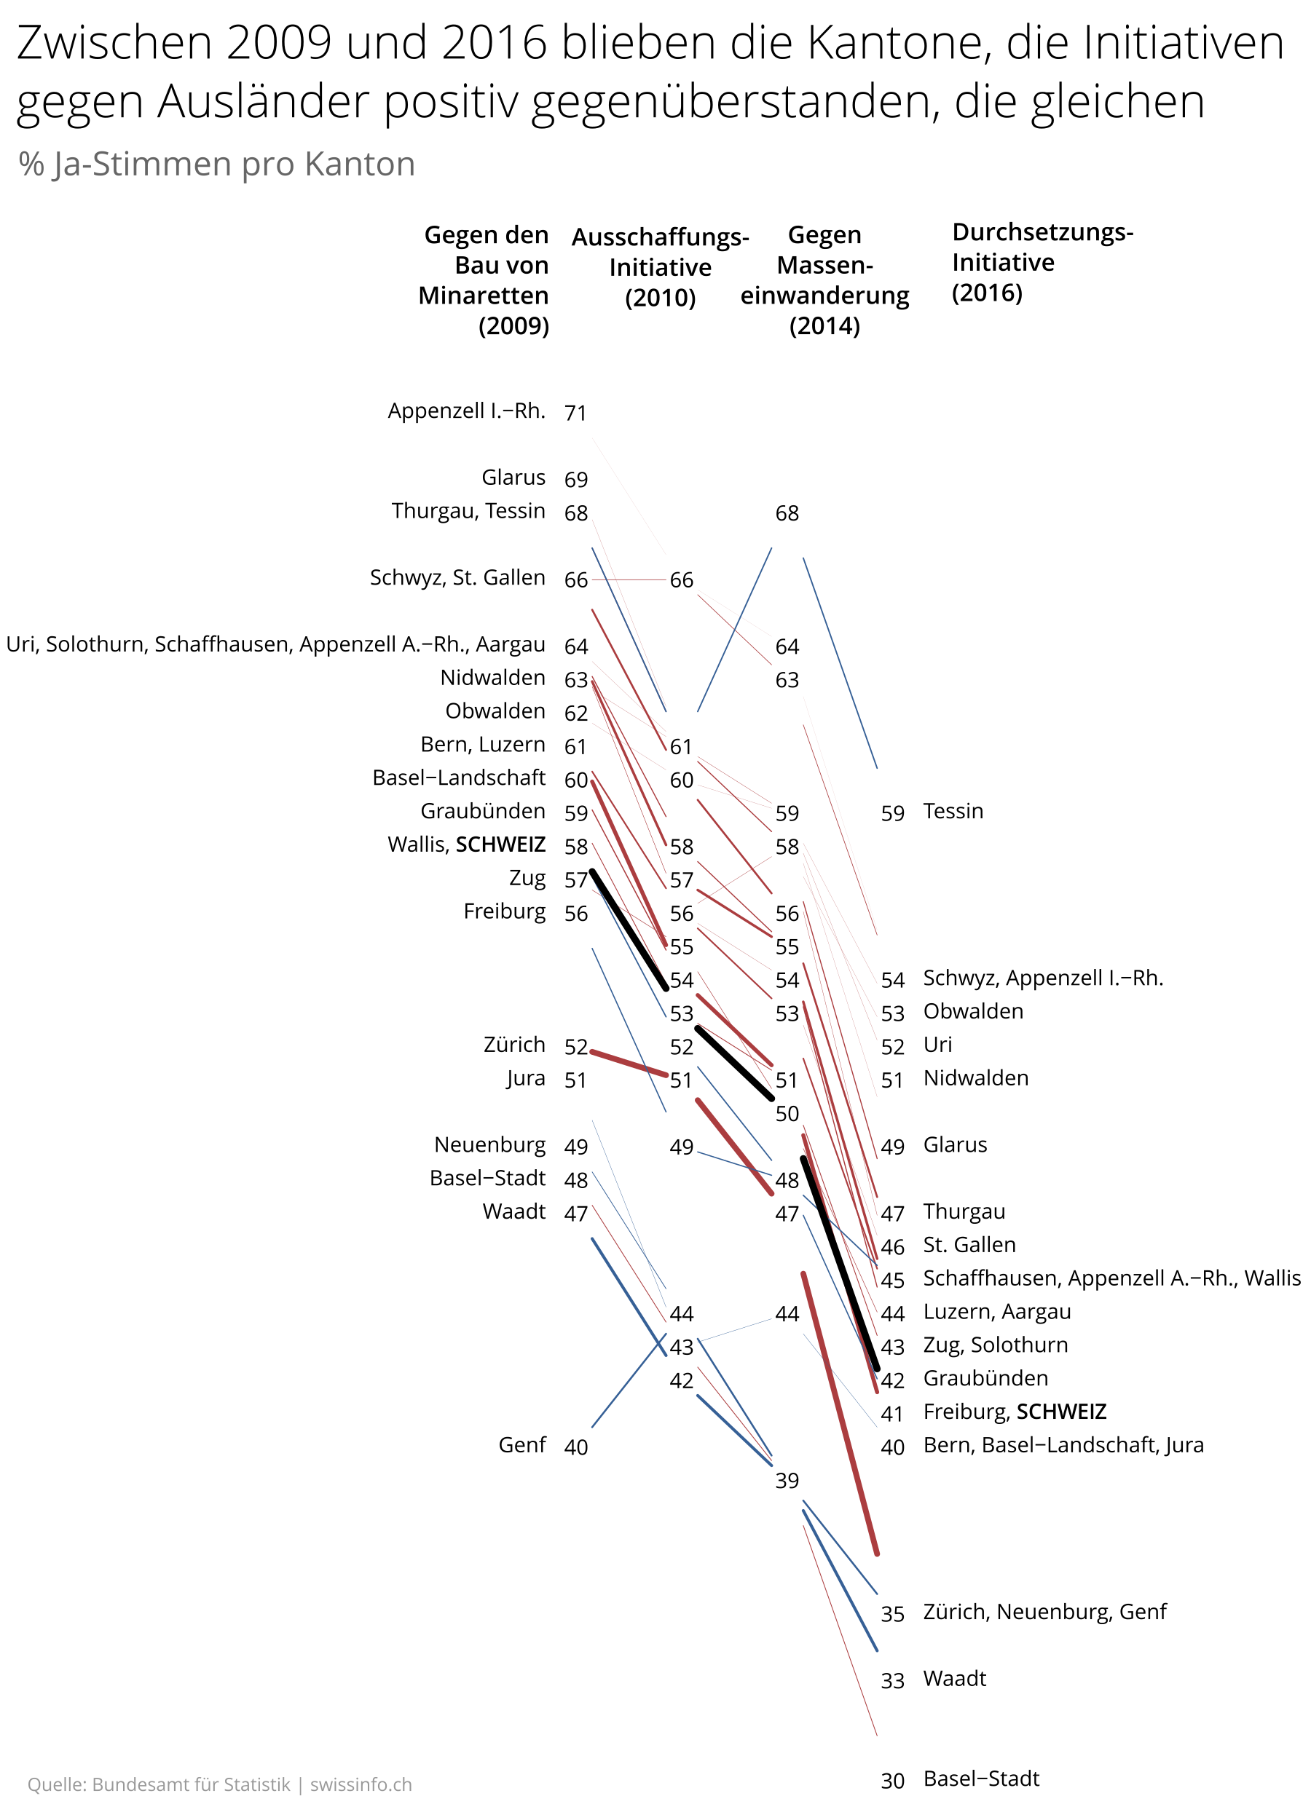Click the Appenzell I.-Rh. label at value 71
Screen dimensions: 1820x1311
pos(465,411)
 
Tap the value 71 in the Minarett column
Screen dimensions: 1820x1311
pos(575,413)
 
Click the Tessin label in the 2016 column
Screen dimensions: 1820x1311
pos(952,811)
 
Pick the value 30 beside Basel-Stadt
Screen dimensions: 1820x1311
pos(892,1781)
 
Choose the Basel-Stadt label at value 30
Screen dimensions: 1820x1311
pos(980,1779)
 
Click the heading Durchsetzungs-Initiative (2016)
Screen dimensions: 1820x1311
pos(1042,262)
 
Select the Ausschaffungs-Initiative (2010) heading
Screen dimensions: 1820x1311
pos(660,267)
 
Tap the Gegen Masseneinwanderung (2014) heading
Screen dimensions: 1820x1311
pos(824,280)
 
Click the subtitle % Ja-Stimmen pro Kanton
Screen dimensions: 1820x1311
pos(217,165)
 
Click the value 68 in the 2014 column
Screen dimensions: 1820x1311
pos(786,513)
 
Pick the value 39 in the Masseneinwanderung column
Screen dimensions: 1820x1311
pos(786,1481)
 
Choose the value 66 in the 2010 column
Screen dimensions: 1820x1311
pos(681,580)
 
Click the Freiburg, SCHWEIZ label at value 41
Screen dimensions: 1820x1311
pos(1014,1412)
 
